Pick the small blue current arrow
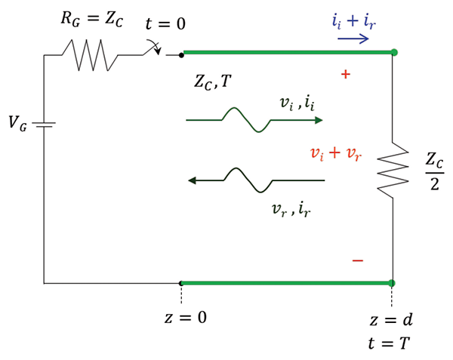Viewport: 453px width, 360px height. pyautogui.click(x=353, y=38)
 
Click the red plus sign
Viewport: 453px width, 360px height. pyautogui.click(x=346, y=75)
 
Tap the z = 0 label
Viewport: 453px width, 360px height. pyautogui.click(x=186, y=317)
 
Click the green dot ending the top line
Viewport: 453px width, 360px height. pyautogui.click(x=393, y=53)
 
